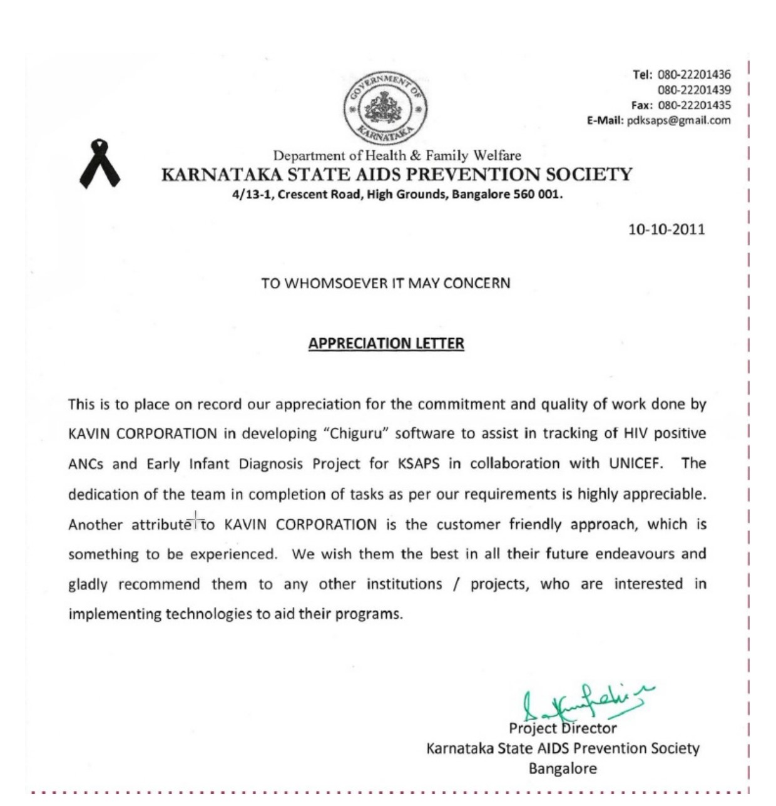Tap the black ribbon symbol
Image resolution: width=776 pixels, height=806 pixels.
tap(99, 164)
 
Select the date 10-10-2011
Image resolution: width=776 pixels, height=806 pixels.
tap(666, 229)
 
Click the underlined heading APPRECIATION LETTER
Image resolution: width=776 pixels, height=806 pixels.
tap(386, 343)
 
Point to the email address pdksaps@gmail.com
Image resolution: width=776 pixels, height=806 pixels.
tap(678, 120)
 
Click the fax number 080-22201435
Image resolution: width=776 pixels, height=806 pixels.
tap(694, 105)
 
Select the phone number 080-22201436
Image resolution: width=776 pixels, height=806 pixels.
tap(694, 75)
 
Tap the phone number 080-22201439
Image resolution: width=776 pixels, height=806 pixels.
tap(694, 90)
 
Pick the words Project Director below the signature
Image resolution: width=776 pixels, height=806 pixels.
tap(562, 728)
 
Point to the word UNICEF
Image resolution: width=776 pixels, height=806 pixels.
tap(635, 463)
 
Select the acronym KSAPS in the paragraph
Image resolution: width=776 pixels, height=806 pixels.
tap(418, 463)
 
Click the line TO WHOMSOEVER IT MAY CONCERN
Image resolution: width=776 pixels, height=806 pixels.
tap(385, 283)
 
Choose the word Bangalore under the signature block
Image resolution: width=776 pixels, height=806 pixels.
tap(563, 768)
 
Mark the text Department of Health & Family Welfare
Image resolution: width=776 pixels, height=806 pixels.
tap(397, 155)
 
